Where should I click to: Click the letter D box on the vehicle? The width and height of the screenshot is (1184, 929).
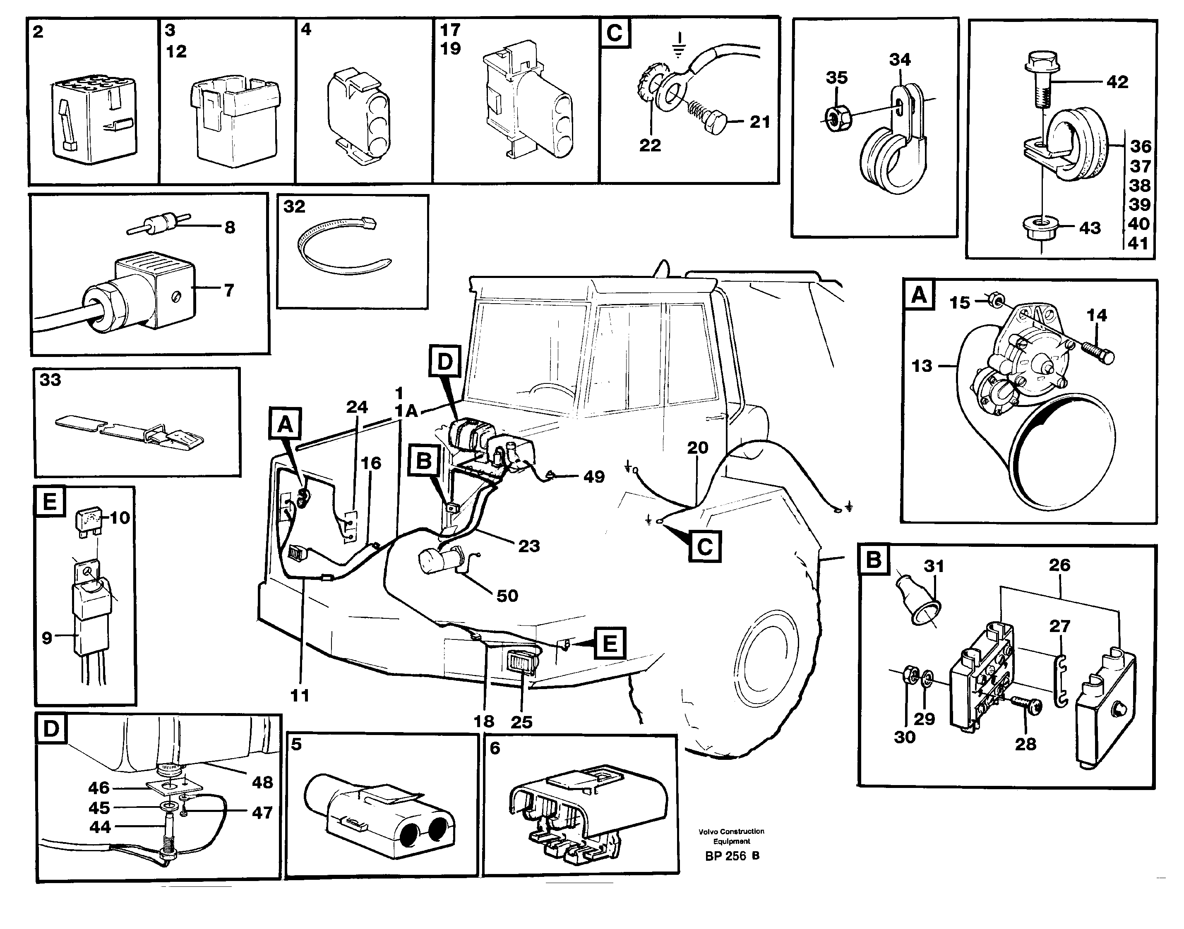tap(444, 361)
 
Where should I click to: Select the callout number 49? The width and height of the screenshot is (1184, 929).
tap(593, 477)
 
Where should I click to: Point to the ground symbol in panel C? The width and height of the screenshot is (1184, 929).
tap(677, 45)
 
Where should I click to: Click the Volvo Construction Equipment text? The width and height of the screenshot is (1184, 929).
tap(731, 836)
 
